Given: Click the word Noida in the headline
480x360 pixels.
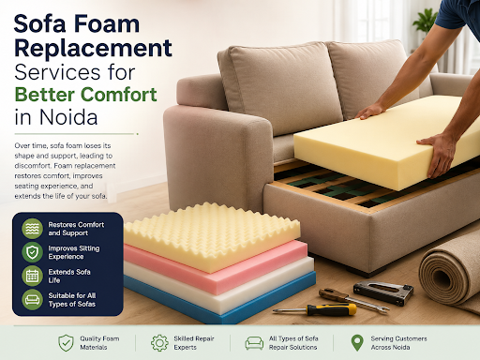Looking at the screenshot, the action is tap(68, 117).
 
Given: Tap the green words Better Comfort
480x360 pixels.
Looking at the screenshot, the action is tap(85, 95).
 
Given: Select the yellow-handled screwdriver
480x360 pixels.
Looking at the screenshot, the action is tap(315, 310).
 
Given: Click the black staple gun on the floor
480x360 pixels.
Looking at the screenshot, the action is tap(383, 292).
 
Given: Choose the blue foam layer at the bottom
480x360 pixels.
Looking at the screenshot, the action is tap(218, 300).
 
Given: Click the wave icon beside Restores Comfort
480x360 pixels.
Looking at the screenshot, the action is tap(32, 229).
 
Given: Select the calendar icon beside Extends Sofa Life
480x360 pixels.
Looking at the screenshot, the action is tap(32, 276).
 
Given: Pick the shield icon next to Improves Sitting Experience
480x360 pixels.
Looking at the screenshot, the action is tap(32, 252).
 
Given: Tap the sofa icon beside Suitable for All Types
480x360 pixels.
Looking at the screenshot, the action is tap(32, 300).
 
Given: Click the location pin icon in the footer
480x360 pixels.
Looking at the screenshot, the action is tap(357, 343).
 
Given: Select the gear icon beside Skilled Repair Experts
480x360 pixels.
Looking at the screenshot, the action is tap(159, 343).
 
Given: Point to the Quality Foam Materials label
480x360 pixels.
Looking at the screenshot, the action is tap(99, 343).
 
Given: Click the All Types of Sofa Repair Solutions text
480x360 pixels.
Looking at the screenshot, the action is tap(293, 343).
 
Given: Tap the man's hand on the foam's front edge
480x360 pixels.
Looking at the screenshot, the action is tap(438, 153).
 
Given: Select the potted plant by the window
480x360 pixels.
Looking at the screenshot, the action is tap(426, 21).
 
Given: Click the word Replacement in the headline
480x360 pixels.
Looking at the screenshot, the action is tap(93, 48).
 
